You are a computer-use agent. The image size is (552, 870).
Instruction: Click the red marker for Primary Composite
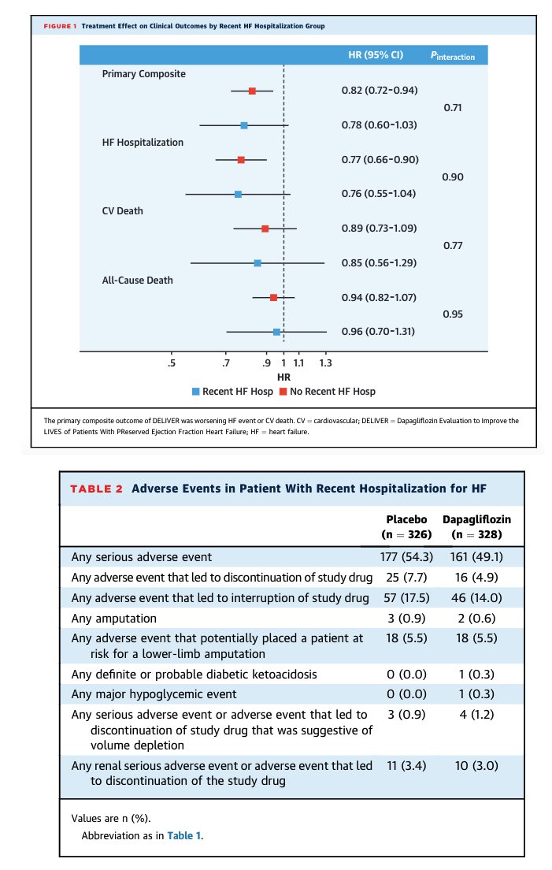(252, 91)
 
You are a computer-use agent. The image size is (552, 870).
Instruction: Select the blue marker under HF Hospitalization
(238, 194)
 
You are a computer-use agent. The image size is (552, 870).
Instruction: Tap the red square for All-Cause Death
(273, 297)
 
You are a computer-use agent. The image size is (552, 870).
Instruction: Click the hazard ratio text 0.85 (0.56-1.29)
(379, 262)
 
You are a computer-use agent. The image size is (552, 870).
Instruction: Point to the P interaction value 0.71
(453, 108)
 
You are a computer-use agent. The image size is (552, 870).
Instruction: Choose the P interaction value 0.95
(453, 314)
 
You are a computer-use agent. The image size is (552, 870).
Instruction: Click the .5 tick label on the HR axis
(171, 363)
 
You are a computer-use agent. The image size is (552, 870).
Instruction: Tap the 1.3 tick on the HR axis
(325, 363)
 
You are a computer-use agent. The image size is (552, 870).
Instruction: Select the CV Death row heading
(123, 211)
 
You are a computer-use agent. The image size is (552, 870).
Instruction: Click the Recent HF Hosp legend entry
(233, 392)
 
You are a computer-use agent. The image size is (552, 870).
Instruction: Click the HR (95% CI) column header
(376, 55)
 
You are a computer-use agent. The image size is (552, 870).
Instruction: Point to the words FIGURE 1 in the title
(61, 26)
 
